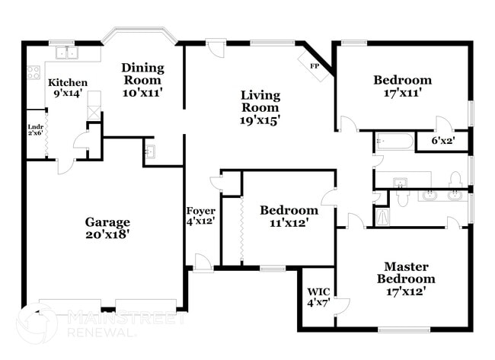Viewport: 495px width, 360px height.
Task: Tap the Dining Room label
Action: pyautogui.click(x=142, y=79)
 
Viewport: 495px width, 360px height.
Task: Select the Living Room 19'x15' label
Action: pyautogui.click(x=260, y=107)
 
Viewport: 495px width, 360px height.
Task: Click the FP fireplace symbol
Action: pyautogui.click(x=314, y=66)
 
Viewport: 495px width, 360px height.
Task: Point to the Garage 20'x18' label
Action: pyautogui.click(x=107, y=228)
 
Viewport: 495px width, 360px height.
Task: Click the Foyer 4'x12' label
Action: pyautogui.click(x=201, y=216)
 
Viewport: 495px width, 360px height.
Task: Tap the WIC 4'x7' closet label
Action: pyautogui.click(x=318, y=297)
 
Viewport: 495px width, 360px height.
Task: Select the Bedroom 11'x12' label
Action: pyautogui.click(x=289, y=216)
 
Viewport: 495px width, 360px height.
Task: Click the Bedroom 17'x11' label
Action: pyautogui.click(x=402, y=86)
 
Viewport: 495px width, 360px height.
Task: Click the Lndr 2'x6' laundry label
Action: pyautogui.click(x=35, y=129)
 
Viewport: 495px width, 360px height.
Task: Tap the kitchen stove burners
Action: pyautogui.click(x=34, y=73)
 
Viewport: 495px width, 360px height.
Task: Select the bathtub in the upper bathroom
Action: pyautogui.click(x=394, y=142)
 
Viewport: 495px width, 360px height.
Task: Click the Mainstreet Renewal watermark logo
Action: pyautogui.click(x=38, y=322)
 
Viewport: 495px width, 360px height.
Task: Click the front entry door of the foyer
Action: pyautogui.click(x=203, y=262)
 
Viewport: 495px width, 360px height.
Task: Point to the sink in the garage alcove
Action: pyautogui.click(x=149, y=151)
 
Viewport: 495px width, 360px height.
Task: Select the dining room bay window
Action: pyautogui.click(x=142, y=36)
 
